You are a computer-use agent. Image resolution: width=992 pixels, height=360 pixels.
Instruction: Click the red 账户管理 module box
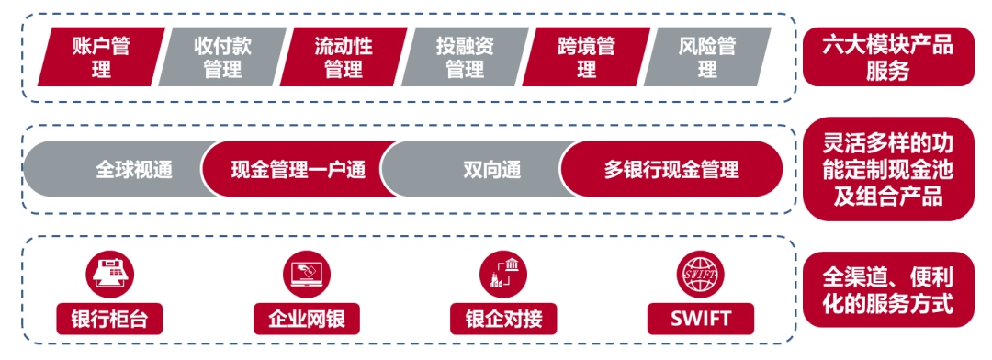coord(101,57)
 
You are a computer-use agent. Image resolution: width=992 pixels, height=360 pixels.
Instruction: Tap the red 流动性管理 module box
coord(344,57)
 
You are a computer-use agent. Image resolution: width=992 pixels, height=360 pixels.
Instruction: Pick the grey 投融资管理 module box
coord(465,57)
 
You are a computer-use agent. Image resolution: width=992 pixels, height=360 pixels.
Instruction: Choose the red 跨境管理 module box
coord(586,57)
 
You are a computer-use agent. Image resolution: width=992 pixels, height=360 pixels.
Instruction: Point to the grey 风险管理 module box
coord(706,57)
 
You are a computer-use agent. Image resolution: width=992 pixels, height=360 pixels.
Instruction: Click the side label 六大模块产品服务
coord(887,57)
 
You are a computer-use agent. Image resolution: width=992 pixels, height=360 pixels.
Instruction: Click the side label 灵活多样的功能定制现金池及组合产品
coord(887,170)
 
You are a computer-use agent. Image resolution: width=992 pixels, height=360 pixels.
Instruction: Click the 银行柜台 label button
coord(109,319)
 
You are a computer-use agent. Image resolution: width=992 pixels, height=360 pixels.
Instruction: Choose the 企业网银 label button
coord(307,319)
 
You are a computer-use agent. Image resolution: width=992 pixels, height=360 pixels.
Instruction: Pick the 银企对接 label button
coord(503,319)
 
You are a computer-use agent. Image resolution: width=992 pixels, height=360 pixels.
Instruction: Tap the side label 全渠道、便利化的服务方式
coord(887,289)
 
